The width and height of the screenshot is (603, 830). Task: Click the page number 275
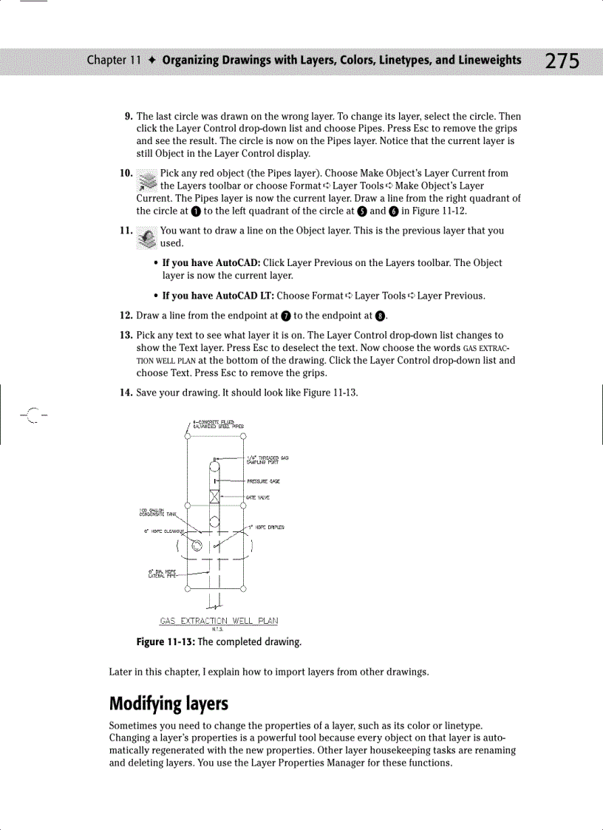click(562, 61)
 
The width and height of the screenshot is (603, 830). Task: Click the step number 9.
click(128, 117)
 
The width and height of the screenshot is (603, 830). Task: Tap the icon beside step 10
click(148, 180)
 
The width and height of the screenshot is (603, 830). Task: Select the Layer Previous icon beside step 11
click(148, 237)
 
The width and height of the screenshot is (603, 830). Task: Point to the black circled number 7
click(285, 316)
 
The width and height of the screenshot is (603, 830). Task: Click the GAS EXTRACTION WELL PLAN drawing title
click(219, 621)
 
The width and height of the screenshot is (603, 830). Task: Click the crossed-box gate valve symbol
click(215, 496)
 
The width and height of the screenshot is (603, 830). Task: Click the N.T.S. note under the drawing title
click(219, 629)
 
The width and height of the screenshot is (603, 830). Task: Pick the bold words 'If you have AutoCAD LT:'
click(217, 296)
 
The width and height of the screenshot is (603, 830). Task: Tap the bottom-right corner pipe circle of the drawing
click(243, 589)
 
